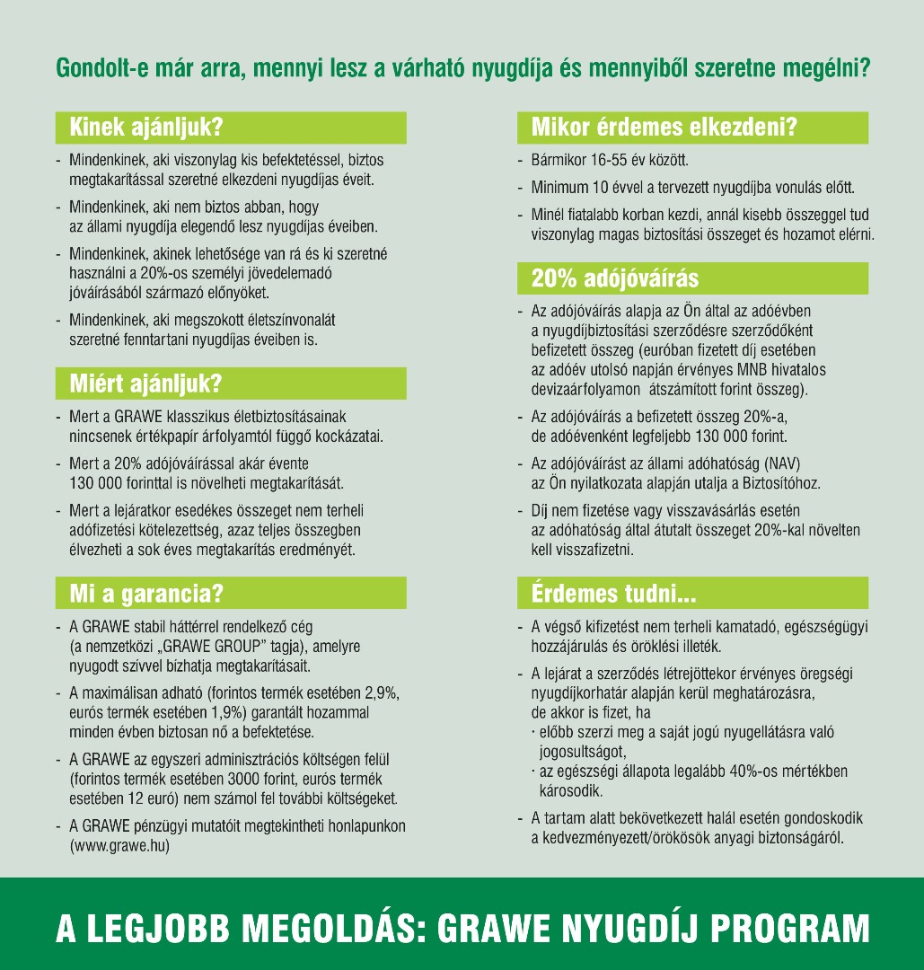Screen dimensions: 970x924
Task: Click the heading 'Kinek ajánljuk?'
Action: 146,128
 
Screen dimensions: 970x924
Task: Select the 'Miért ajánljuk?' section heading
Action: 145,384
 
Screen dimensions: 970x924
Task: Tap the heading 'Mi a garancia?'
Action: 146,593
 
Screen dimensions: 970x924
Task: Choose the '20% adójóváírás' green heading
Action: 615,278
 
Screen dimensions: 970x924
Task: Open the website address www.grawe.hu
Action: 120,844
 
